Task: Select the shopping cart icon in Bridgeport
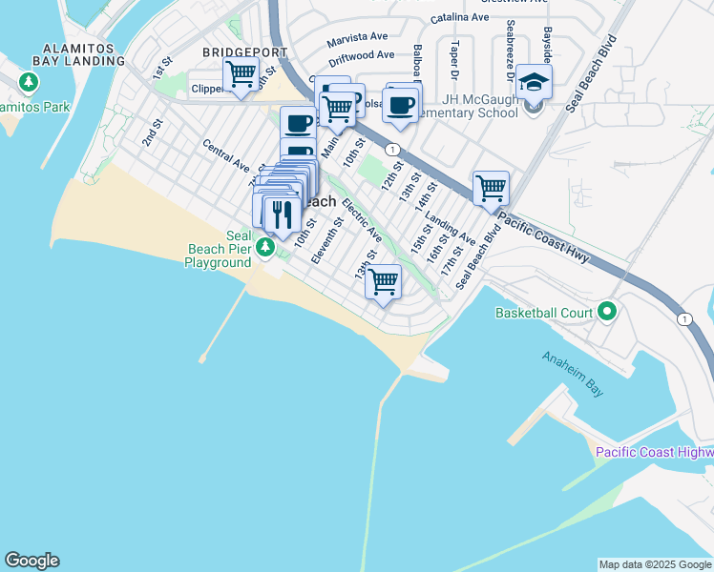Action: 241,72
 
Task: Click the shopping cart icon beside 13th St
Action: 383,281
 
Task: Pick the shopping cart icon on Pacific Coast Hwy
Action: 491,188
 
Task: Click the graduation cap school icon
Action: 535,82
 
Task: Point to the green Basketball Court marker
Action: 606,312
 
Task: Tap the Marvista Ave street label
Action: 357,39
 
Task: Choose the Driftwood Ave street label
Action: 358,56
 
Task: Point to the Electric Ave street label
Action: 362,220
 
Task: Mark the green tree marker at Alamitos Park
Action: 29,82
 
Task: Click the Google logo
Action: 31,561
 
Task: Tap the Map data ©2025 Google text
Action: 655,564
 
